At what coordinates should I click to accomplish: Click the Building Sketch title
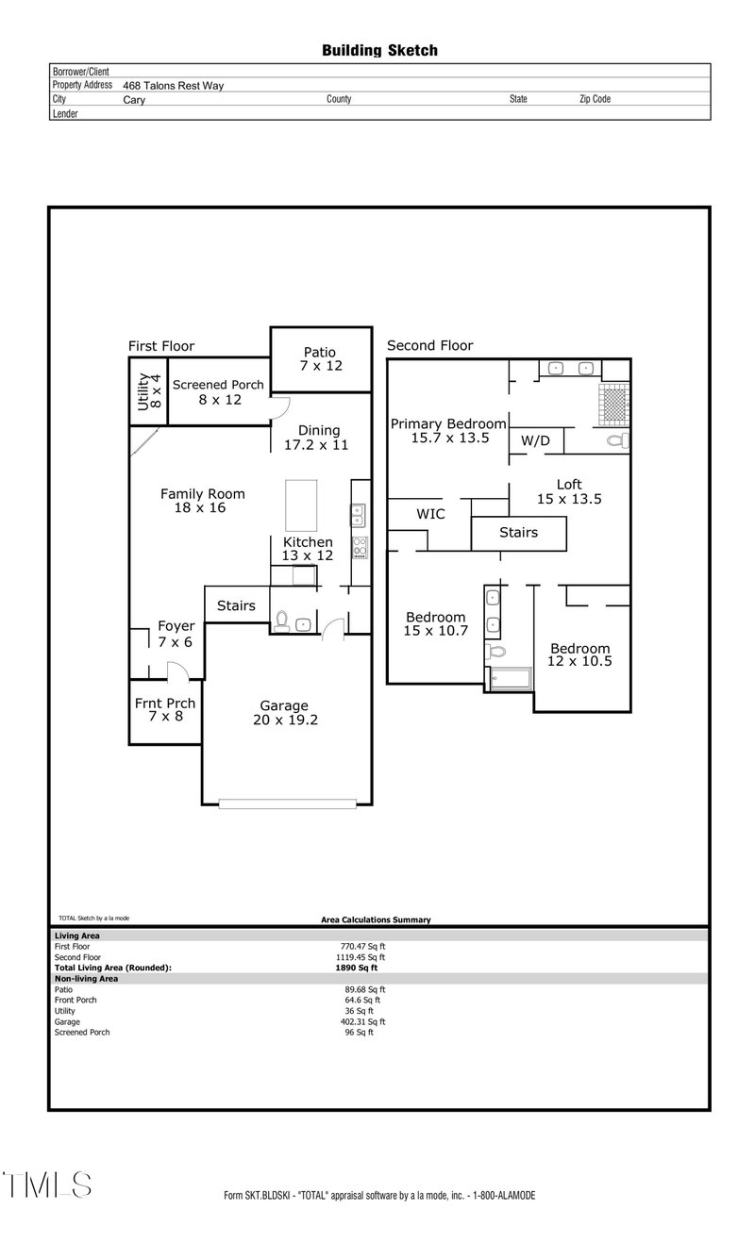(379, 51)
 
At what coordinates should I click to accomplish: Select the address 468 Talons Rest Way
(173, 85)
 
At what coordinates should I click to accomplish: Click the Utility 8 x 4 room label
(149, 391)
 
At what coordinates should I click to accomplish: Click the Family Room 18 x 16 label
(202, 500)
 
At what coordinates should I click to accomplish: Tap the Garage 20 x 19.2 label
(284, 712)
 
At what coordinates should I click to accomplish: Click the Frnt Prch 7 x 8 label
(165, 709)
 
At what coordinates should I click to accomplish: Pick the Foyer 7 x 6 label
(176, 634)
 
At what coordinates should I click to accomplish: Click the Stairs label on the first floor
(236, 605)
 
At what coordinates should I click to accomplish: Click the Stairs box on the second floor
(518, 533)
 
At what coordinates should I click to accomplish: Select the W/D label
(536, 441)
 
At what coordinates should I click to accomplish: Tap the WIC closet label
(430, 514)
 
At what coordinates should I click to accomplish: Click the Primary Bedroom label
(448, 430)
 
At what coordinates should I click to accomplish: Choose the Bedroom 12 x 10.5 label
(579, 654)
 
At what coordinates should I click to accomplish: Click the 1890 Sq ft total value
(358, 968)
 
